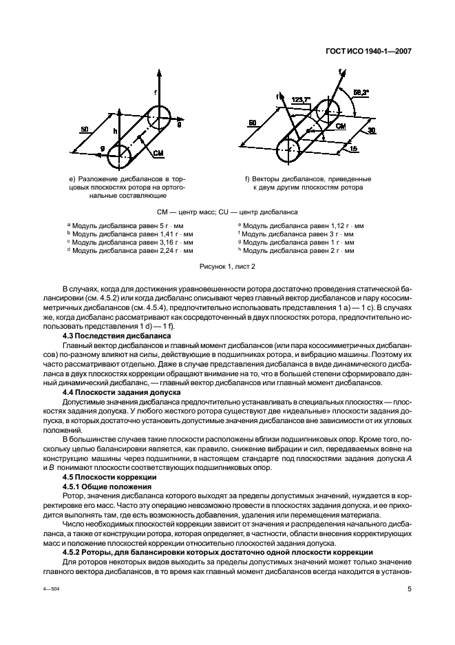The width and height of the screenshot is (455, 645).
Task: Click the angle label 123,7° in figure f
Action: tap(300, 99)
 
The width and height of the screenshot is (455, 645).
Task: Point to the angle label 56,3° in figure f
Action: tap(361, 91)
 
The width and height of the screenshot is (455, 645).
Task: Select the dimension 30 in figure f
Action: tap(371, 130)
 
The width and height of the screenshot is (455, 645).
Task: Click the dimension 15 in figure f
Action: tap(352, 147)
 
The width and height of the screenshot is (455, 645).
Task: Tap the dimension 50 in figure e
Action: tap(85, 129)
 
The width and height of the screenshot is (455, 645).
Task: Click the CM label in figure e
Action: tap(158, 152)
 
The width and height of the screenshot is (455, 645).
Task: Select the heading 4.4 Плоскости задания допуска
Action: tap(121, 391)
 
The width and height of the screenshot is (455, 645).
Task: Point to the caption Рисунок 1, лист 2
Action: tap(227, 265)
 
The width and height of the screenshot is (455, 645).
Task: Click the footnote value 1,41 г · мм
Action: tap(175, 234)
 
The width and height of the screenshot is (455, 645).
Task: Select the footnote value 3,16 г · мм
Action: tap(175, 243)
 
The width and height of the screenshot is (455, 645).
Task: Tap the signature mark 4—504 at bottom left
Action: tap(56, 590)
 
